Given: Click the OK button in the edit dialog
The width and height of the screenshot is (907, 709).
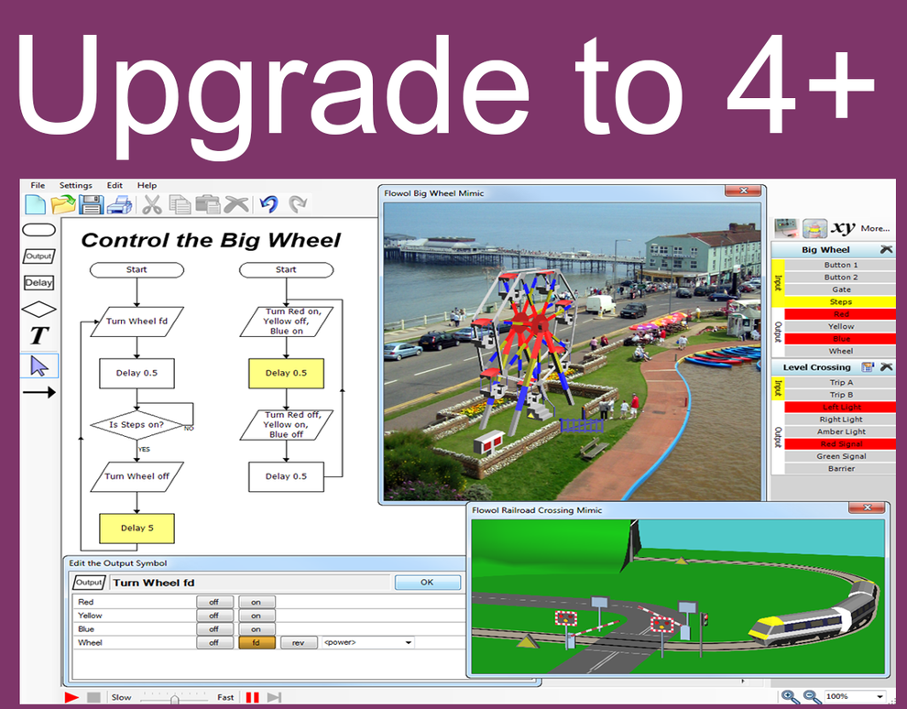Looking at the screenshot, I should pyautogui.click(x=427, y=583).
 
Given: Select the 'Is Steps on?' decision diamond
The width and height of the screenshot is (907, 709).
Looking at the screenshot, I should pyautogui.click(x=137, y=424).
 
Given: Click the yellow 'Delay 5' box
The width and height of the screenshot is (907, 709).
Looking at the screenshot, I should pyautogui.click(x=137, y=528).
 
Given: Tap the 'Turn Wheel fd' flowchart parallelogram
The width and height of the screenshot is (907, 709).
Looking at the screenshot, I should pyautogui.click(x=137, y=322).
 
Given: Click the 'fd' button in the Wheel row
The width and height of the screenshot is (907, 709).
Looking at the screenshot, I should pyautogui.click(x=257, y=643).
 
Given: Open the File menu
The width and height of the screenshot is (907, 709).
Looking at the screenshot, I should pyautogui.click(x=38, y=185).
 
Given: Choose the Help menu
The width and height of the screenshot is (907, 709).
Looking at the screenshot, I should pyautogui.click(x=147, y=185).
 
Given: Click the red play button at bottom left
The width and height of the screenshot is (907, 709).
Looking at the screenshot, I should pyautogui.click(x=71, y=697).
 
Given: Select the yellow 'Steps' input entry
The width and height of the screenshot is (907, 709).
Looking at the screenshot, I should pyautogui.click(x=840, y=301).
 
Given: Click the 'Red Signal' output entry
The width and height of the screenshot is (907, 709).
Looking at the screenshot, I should pyautogui.click(x=840, y=444).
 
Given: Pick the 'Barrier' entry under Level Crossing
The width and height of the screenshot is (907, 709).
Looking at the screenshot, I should pyautogui.click(x=840, y=469).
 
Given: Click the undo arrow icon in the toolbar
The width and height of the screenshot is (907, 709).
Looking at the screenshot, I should pyautogui.click(x=268, y=204).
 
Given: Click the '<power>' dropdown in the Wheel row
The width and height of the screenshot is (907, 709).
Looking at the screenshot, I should pyautogui.click(x=367, y=643).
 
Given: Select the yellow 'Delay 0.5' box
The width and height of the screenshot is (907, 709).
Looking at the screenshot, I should pyautogui.click(x=286, y=373).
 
